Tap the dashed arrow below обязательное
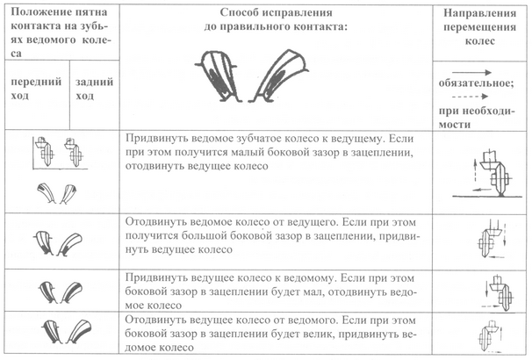tap(479, 99)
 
